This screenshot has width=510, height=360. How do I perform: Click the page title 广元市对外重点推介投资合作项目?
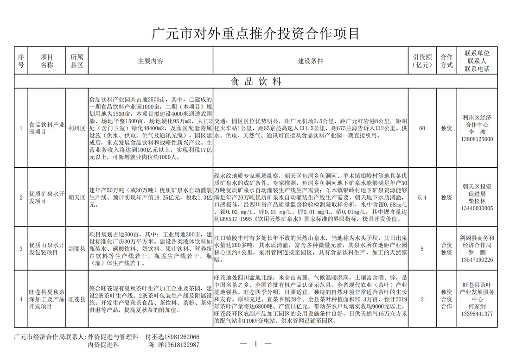click(255, 33)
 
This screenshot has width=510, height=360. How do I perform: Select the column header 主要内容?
click(151, 61)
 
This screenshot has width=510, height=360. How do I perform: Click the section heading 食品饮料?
click(256, 82)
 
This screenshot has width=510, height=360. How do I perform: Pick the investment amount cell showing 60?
click(422, 128)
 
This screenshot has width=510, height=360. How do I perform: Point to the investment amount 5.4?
click(422, 197)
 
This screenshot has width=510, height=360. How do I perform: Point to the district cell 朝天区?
click(76, 197)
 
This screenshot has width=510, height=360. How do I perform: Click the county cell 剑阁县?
click(76, 248)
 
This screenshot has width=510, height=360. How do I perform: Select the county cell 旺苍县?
click(76, 299)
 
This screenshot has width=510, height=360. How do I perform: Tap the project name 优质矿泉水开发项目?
click(46, 197)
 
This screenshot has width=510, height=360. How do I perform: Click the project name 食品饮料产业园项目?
click(46, 128)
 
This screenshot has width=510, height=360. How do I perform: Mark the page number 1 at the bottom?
click(255, 344)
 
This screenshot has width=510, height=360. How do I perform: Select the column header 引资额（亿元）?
click(422, 61)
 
